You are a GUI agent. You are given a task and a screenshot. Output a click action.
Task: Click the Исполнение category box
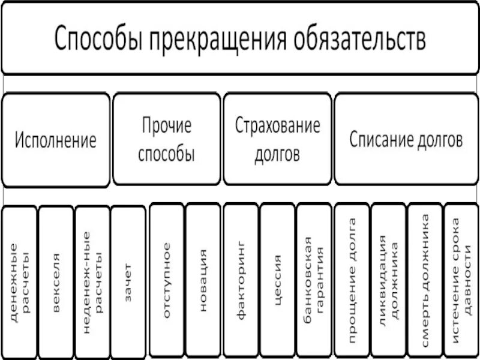pyautogui.click(x=56, y=140)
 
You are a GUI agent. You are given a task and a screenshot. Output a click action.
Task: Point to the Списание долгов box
pyautogui.click(x=406, y=140)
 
